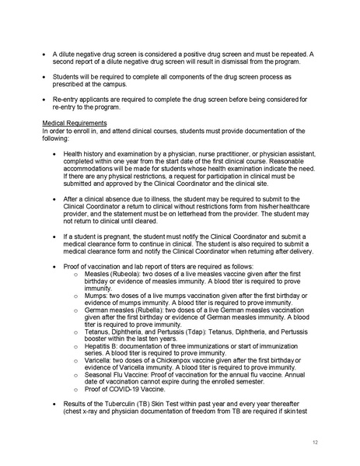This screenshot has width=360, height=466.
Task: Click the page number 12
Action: (x=313, y=442)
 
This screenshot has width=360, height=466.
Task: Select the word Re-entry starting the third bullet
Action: (x=66, y=99)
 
